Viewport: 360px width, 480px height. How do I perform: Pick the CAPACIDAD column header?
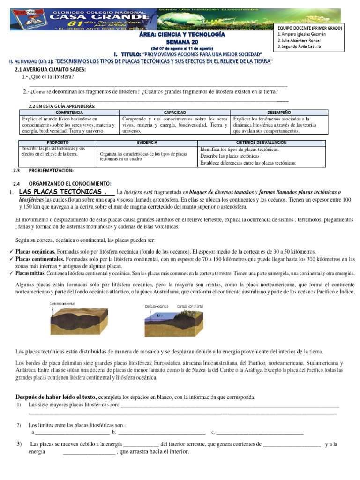tap(174, 113)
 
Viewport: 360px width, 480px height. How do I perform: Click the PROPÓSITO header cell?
tap(59, 142)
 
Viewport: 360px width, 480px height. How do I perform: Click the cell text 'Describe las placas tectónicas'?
tap(230, 156)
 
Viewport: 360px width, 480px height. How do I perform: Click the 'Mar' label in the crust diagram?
tap(160, 315)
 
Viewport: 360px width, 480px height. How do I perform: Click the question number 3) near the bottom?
tap(19, 443)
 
